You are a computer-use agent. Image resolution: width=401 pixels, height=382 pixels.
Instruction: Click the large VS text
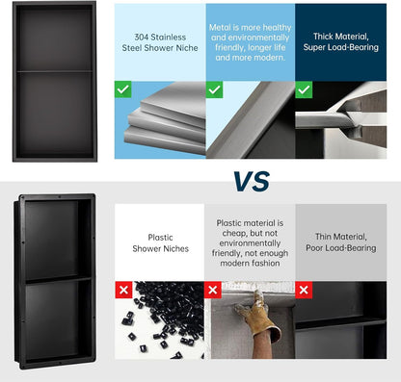252,181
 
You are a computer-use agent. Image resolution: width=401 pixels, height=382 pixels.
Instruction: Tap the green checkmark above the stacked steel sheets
122,89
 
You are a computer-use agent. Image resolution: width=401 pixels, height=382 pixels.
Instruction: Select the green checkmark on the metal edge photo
214,89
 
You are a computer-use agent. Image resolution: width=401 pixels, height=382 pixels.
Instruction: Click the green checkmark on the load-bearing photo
304,89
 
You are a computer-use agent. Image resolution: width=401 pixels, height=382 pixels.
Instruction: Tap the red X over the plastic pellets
123,290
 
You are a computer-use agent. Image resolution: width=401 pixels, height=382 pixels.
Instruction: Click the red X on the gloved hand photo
213,290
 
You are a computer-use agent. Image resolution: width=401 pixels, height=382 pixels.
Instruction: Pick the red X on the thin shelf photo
304,290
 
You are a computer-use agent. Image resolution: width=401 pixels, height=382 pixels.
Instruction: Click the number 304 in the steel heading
142,38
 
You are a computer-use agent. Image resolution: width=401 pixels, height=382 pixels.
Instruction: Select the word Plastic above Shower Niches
160,238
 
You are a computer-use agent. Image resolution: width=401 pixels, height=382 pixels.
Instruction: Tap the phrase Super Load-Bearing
341,47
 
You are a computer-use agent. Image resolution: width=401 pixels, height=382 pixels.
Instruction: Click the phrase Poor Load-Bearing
341,248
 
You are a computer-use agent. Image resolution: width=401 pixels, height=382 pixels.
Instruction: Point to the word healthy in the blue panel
276,28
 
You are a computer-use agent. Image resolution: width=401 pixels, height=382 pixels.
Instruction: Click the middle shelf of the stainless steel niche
55,71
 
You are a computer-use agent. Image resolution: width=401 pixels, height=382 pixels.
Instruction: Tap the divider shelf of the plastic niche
58,280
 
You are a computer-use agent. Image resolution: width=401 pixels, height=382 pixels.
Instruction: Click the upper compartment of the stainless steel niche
55,38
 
